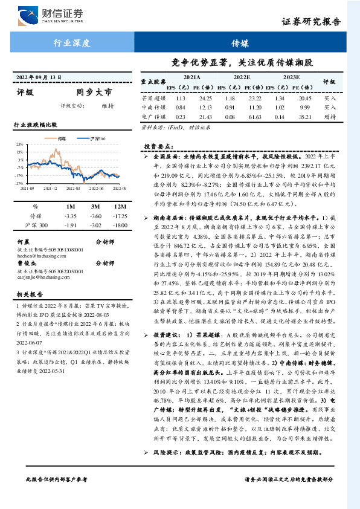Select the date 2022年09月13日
pos(39,78)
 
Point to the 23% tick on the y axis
pos(20,144)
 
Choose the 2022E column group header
pos(242,78)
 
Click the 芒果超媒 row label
pos(153,97)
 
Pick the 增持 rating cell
pos(330,116)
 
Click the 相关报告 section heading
pos(27,295)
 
